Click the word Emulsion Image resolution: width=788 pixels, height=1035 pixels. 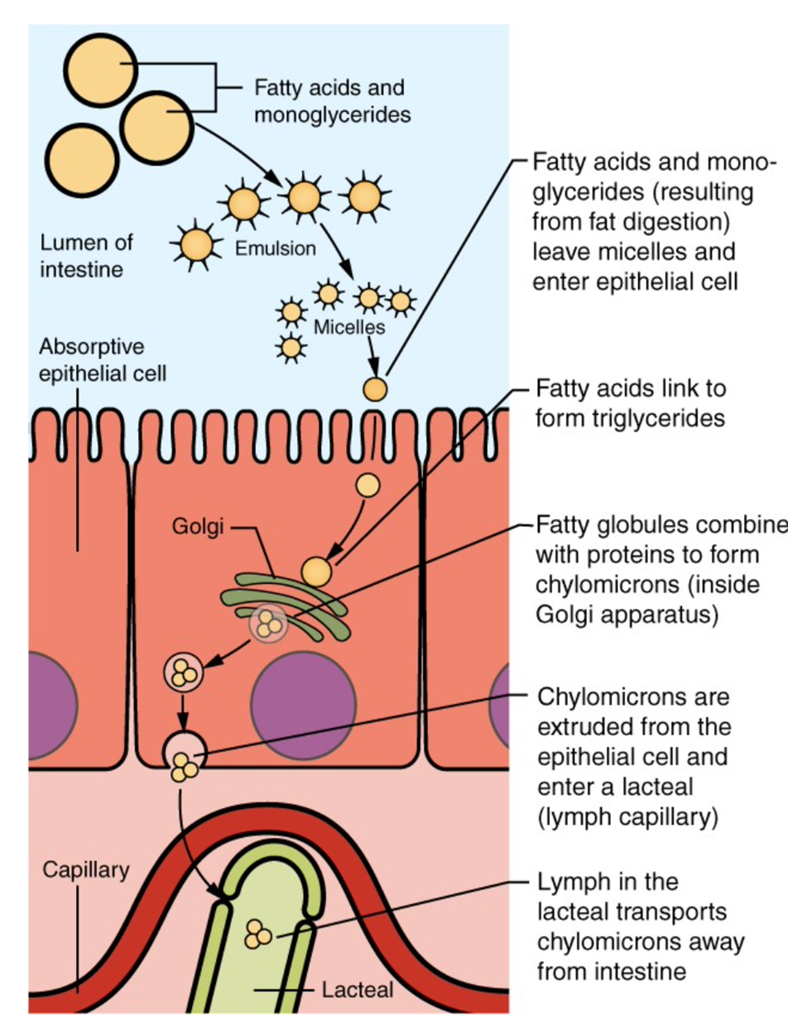tap(275, 249)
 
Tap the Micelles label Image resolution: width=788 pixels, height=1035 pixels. tap(349, 327)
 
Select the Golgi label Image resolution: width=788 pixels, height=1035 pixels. tap(198, 526)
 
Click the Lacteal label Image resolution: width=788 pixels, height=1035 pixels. tap(357, 990)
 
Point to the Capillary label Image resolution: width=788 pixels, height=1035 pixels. tap(86, 870)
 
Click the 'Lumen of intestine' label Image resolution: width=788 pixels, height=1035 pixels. tap(86, 256)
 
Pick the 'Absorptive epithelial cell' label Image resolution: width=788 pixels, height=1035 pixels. tap(102, 360)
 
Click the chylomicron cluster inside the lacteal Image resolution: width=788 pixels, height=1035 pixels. tap(257, 935)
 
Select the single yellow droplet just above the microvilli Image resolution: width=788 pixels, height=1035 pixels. tap(375, 389)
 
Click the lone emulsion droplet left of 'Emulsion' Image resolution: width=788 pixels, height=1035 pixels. tap(196, 245)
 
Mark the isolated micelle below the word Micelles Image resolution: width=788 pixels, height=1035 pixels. tap(291, 348)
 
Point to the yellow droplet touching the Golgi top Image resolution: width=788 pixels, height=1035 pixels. tap(316, 571)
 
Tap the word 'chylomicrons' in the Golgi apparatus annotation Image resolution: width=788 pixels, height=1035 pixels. tap(605, 585)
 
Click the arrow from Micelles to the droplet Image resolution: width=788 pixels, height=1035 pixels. tap(373, 357)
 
